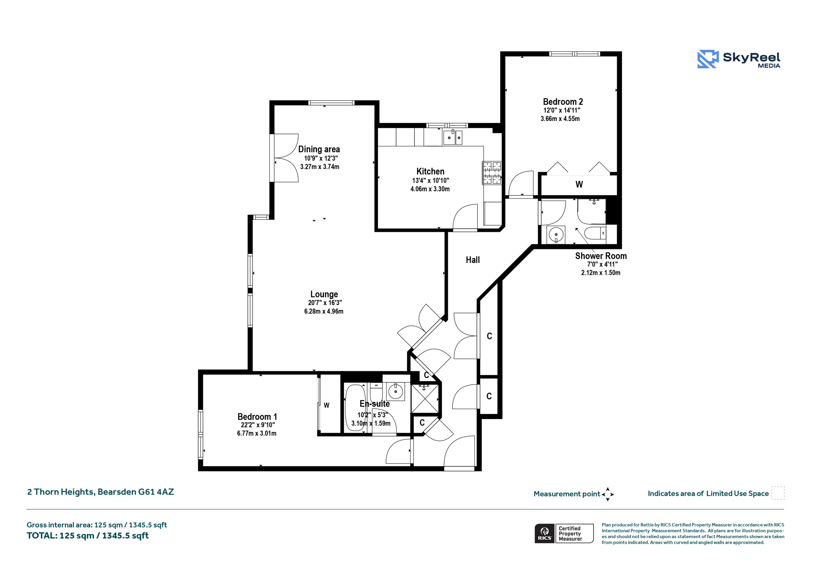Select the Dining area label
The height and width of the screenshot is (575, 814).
coord(319,150)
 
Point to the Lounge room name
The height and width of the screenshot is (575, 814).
coord(324,294)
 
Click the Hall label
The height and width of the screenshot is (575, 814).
coord(473,260)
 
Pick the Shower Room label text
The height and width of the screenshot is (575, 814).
coord(601,256)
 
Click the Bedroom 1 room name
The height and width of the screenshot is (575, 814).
coord(257,416)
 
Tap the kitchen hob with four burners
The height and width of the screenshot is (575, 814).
coord(492,173)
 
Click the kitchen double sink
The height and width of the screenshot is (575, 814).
coord(452,137)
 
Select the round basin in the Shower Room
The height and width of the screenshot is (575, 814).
coord(556,234)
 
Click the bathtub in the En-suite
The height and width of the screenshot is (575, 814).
coord(355,408)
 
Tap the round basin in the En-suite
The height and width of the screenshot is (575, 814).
coord(395,391)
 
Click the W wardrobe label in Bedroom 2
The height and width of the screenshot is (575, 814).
coord(579,184)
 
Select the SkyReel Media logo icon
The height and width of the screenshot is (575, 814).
coord(708,59)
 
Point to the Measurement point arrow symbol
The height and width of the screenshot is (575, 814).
coord(607,494)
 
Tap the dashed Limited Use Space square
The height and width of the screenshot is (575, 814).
coord(778,493)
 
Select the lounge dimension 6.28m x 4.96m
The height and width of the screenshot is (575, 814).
coord(324,311)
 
